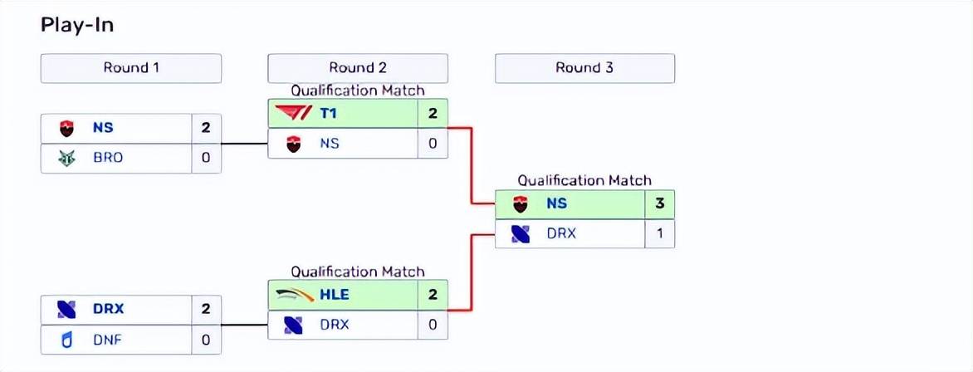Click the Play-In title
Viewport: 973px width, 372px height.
coord(77,25)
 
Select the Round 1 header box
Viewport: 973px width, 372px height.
coord(131,68)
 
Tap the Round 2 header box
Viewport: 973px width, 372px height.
coord(358,68)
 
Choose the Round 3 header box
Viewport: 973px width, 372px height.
coord(584,68)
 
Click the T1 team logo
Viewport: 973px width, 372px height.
coord(291,114)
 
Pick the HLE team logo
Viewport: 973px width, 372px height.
coord(291,294)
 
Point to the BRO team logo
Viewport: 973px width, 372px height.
coord(66,158)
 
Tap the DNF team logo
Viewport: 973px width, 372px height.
coord(66,339)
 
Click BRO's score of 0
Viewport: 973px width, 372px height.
coord(206,158)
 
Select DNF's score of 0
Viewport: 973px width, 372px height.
coord(206,339)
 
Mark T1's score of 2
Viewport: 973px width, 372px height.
coord(433,114)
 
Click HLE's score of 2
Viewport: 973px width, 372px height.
coord(433,294)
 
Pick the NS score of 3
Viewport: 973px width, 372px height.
coord(659,203)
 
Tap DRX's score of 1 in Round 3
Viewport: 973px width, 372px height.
coord(659,233)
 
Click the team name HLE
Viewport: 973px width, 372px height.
coord(334,294)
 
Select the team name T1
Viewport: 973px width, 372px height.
coord(329,114)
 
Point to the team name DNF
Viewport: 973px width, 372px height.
coord(108,339)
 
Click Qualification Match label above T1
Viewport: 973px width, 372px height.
coord(358,91)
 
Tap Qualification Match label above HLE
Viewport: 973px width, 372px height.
coord(358,272)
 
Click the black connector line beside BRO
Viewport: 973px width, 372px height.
coord(244,144)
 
